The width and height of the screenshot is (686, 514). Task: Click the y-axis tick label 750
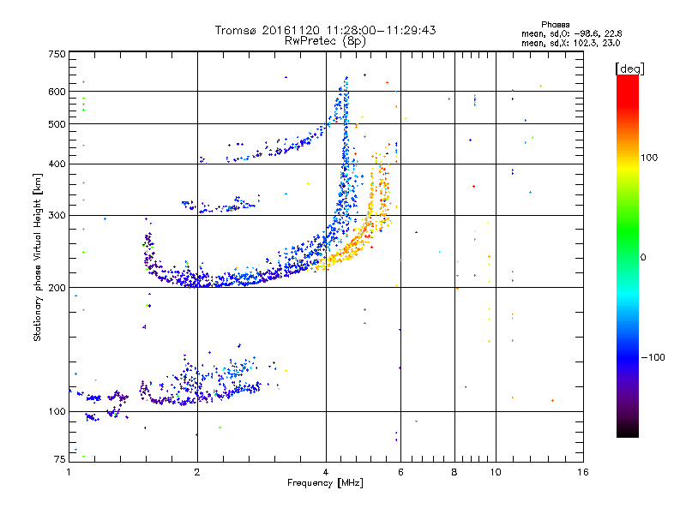point(57,54)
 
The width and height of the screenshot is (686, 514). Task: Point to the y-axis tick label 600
point(57,92)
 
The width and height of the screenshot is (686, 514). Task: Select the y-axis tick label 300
point(57,216)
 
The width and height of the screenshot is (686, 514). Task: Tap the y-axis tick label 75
point(60,459)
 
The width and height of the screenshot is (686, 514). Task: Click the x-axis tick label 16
point(583,472)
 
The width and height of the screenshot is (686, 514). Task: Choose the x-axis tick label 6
point(400,472)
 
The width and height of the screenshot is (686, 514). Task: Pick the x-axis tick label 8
point(454,472)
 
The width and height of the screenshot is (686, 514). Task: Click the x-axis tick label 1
point(69,472)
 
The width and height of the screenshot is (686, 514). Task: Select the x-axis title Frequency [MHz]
point(325,483)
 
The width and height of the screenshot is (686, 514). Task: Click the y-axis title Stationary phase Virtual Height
point(37,257)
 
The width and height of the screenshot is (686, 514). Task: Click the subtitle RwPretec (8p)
point(325,40)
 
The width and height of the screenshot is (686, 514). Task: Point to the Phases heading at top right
point(555,25)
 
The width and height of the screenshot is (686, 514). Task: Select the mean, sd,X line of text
point(570,43)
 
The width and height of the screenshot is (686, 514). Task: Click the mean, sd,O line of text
point(571,33)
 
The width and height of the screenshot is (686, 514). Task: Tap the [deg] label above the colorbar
point(629,69)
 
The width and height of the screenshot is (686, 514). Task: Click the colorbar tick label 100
point(649,158)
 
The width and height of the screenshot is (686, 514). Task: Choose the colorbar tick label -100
point(653,357)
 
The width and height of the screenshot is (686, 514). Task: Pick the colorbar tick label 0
point(643,258)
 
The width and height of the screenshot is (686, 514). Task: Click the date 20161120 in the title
point(291,30)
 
